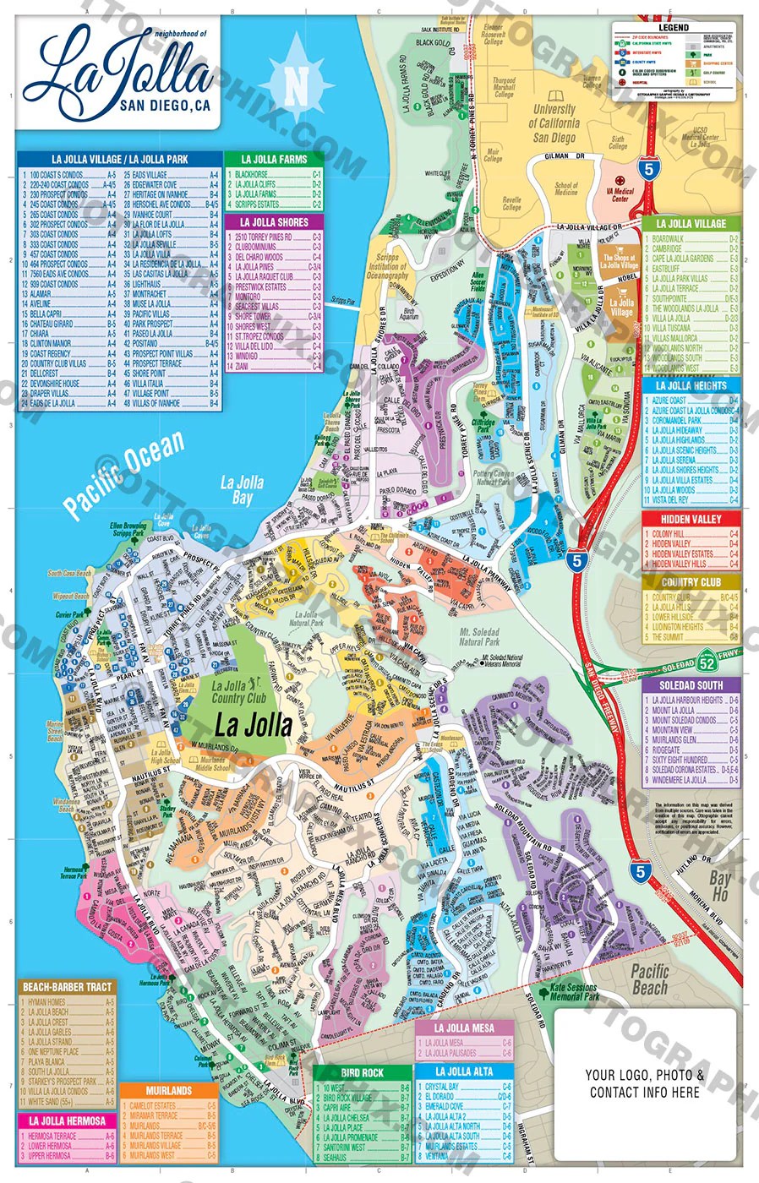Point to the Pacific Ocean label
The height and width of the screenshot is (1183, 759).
pyautogui.click(x=125, y=474)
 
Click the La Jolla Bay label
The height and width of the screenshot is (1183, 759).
pyautogui.click(x=242, y=490)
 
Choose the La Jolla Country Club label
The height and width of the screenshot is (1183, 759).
pyautogui.click(x=239, y=693)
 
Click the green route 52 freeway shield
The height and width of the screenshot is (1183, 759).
pyautogui.click(x=708, y=663)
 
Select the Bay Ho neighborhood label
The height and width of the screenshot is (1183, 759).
pyautogui.click(x=719, y=886)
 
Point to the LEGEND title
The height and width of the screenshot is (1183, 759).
pyautogui.click(x=674, y=28)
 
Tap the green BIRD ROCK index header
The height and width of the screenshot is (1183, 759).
pyautogui.click(x=362, y=1072)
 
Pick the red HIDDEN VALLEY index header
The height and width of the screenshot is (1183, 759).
pyautogui.click(x=691, y=519)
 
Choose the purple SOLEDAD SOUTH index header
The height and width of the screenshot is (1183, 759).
pyautogui.click(x=691, y=684)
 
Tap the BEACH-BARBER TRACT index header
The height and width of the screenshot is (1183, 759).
pyautogui.click(x=67, y=987)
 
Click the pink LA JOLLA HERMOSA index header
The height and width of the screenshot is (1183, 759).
pyautogui.click(x=67, y=1121)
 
